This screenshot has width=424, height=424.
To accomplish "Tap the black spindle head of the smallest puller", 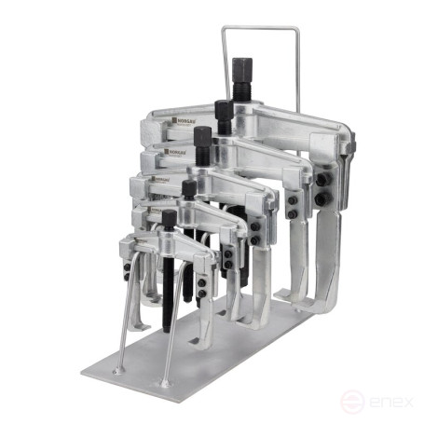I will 169,219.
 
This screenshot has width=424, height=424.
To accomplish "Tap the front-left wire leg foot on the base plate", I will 118,370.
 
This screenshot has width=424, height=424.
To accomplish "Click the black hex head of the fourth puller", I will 189,188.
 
